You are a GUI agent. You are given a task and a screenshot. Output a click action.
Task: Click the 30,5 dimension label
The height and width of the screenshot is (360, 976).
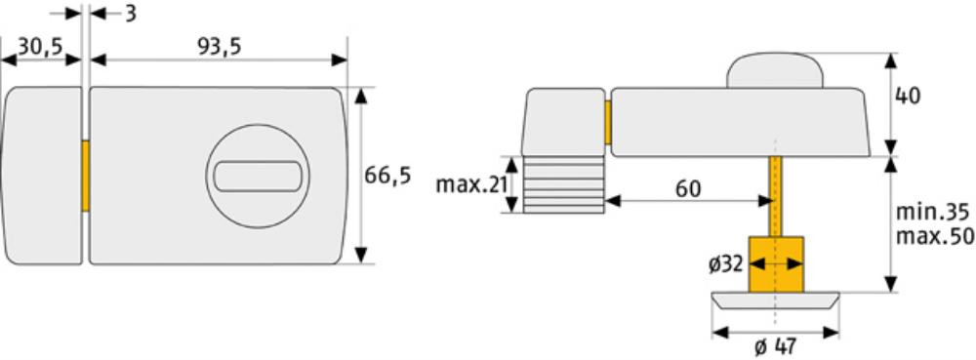(x=40, y=47)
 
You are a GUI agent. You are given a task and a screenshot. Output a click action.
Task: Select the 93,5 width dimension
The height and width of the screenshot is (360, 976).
(x=219, y=47)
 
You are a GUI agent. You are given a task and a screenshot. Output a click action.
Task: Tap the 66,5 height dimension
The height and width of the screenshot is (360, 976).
(x=387, y=176)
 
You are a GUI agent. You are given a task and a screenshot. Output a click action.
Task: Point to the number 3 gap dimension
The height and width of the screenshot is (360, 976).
(x=130, y=13)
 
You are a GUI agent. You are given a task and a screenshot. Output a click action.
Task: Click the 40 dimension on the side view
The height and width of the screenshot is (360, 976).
(x=907, y=97)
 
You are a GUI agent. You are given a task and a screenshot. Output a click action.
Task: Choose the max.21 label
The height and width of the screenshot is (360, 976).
(x=471, y=184)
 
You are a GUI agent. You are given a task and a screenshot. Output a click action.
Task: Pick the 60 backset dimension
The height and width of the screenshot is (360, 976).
(x=687, y=188)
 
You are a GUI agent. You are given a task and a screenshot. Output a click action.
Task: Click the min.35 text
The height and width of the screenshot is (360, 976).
(x=932, y=213)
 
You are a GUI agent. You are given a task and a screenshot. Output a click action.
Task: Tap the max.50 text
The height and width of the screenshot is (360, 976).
(x=933, y=237)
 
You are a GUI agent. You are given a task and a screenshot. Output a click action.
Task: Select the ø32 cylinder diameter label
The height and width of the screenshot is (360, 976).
(x=726, y=264)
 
